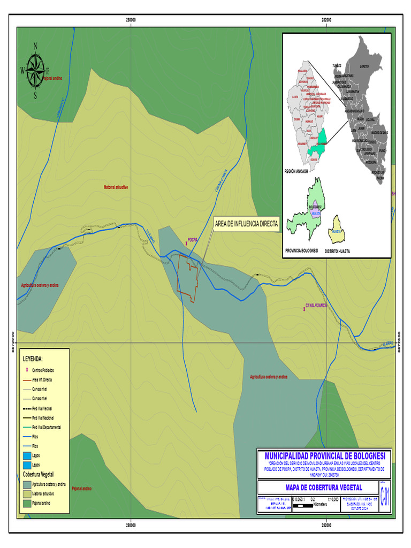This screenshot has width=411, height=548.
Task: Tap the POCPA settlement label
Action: pyautogui.click(x=193, y=240)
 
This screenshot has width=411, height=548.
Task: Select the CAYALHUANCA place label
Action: pyautogui.click(x=316, y=305)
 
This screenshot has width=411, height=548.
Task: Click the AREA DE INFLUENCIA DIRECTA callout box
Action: pyautogui.click(x=246, y=225)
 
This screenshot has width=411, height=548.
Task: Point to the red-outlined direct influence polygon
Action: pyautogui.click(x=189, y=278)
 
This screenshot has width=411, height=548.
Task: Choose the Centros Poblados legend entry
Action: pyautogui.click(x=43, y=370)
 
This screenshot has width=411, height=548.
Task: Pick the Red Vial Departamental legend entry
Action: pyautogui.click(x=46, y=427)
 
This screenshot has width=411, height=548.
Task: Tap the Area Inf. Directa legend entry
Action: pyautogui.click(x=43, y=379)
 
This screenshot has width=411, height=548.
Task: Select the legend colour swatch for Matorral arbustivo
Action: pyautogui.click(x=27, y=493)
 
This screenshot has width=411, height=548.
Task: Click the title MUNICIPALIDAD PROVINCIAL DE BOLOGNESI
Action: pyautogui.click(x=324, y=455)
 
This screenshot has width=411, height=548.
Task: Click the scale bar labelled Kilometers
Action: pyautogui.click(x=305, y=504)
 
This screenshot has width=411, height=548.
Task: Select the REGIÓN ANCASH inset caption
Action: pyautogui.click(x=297, y=171)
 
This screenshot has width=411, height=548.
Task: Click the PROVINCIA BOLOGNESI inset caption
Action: pyautogui.click(x=302, y=250)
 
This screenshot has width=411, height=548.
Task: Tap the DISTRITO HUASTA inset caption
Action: pyautogui.click(x=337, y=250)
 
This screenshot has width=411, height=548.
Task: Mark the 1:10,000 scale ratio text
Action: pyautogui.click(x=332, y=499)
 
